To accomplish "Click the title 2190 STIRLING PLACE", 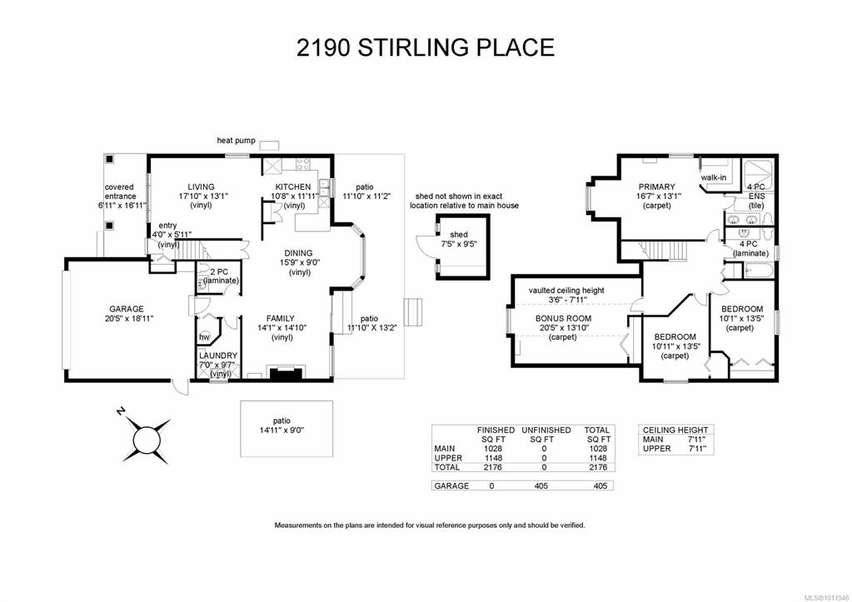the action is click(x=426, y=47).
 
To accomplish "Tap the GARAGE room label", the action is click(x=127, y=309).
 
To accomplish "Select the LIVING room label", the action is click(x=201, y=187).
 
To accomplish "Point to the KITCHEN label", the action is click(x=293, y=187).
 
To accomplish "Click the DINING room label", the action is click(x=298, y=253).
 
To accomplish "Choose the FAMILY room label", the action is click(x=281, y=318).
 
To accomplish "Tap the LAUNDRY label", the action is click(x=218, y=356).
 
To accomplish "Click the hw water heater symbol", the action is click(x=205, y=337).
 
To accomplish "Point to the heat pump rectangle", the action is click(x=270, y=145).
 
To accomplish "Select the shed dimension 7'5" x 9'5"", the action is click(x=459, y=244).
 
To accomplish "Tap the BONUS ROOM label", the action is click(x=564, y=318).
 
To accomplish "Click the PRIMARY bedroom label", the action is click(x=657, y=187).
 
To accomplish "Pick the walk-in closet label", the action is click(x=714, y=177).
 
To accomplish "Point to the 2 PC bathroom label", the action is click(x=218, y=271).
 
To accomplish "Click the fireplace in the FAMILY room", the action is click(x=286, y=374).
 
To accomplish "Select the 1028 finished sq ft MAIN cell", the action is click(x=493, y=449).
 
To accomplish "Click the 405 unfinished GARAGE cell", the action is click(x=541, y=485).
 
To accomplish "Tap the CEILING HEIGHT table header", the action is click(x=675, y=430).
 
